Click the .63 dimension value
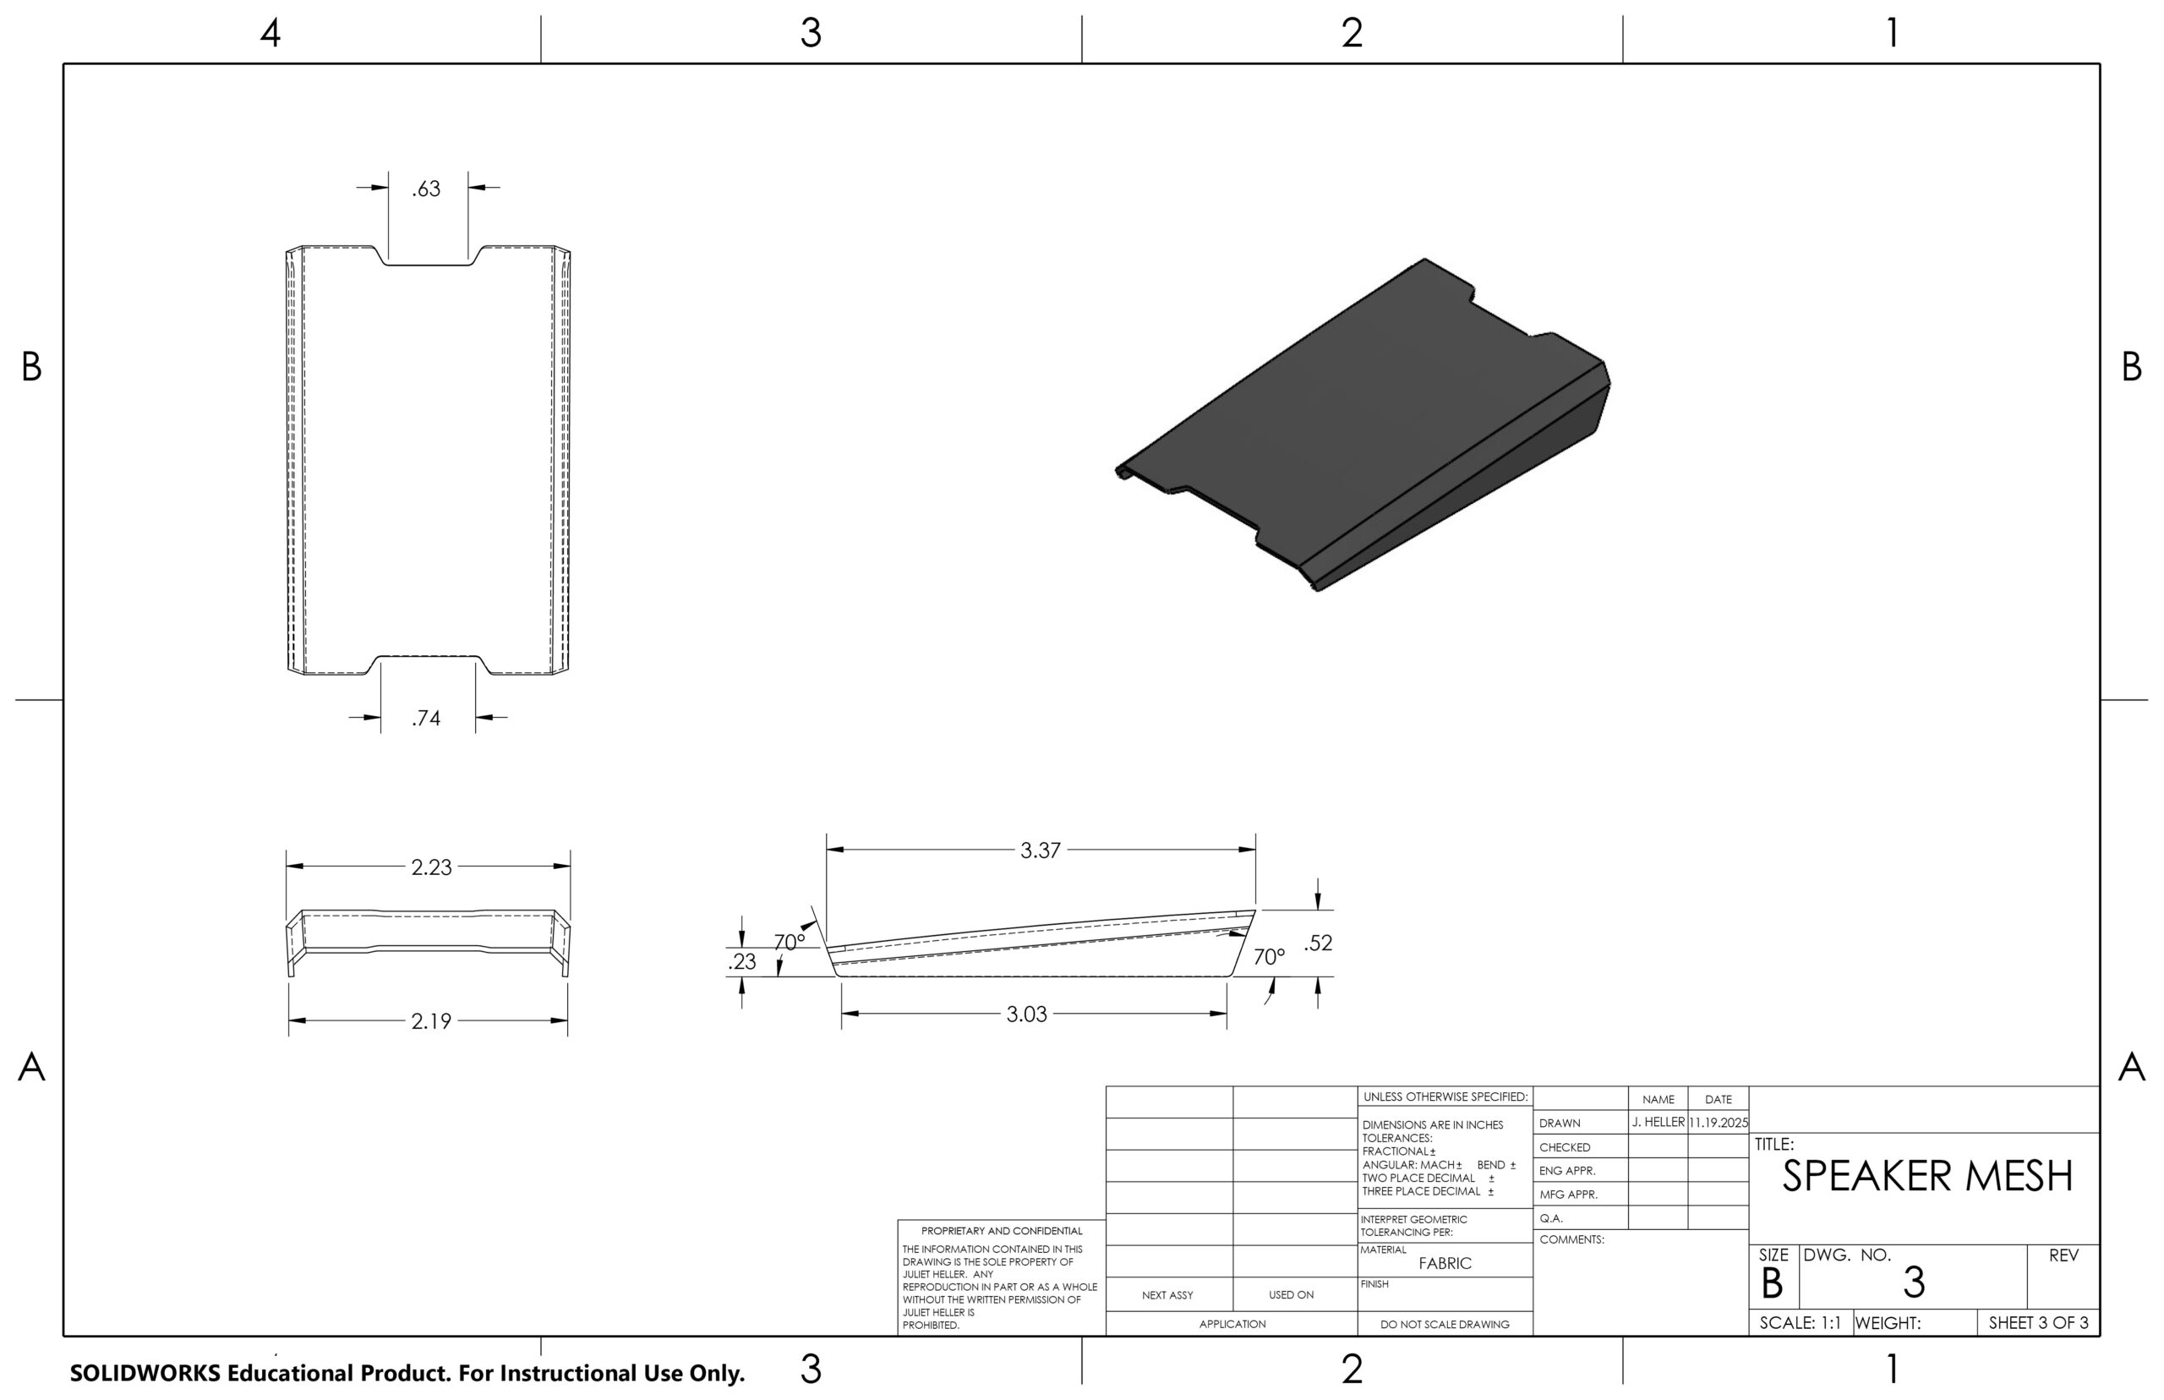[426, 189]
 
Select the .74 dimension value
[426, 719]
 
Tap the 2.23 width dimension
[431, 867]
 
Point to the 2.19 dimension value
[431, 1022]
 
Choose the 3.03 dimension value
[1026, 1014]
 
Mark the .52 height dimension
[1318, 943]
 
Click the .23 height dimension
[741, 962]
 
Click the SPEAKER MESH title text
[1926, 1176]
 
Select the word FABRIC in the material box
[1444, 1264]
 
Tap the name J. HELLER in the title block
[1658, 1123]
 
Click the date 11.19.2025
[1718, 1123]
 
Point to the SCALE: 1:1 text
[1800, 1324]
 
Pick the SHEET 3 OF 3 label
[2039, 1324]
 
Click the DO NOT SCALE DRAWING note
[1444, 1325]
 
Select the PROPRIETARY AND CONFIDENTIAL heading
[1002, 1231]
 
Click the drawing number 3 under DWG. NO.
[1913, 1282]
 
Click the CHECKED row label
[1564, 1147]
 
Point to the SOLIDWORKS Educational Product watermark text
[407, 1373]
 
